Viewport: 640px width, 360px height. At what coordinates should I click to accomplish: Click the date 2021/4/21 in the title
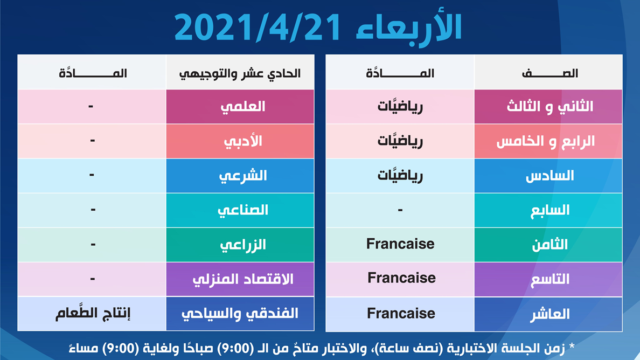point(258,27)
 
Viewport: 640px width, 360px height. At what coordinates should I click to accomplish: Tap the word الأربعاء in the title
point(408,27)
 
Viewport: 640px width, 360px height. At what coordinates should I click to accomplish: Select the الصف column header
point(548,72)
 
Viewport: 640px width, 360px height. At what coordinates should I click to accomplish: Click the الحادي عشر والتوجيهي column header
point(240,72)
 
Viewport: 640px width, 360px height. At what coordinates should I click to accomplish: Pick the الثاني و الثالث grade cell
point(548,107)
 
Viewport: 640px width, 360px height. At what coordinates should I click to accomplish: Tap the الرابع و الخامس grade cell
point(548,141)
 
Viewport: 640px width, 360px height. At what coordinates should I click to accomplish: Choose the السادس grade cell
point(548,176)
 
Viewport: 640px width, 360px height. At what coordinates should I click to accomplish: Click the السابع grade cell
point(548,210)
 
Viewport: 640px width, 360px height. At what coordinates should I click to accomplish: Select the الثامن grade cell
point(548,245)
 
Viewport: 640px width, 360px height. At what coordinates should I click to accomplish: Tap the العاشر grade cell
point(548,314)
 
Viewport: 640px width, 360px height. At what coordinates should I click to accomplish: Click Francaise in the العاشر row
point(401,314)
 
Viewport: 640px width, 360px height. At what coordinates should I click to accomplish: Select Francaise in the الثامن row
point(400,244)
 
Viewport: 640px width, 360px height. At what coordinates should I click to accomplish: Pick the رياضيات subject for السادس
point(400,175)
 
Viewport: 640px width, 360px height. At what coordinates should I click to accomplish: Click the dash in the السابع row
point(400,210)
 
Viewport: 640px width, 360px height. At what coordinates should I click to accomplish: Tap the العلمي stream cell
point(240,107)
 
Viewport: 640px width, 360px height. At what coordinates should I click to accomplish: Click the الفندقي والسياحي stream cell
point(240,314)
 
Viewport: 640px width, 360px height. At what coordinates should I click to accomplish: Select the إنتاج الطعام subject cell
point(93,313)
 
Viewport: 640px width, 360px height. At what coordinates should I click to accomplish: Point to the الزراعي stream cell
point(240,245)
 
